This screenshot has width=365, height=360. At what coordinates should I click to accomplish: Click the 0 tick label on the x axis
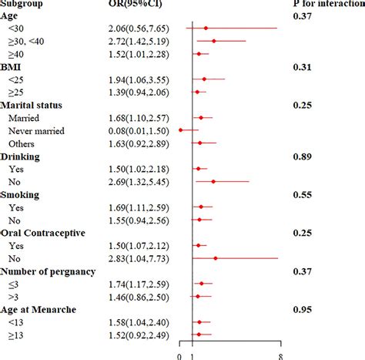[179, 355]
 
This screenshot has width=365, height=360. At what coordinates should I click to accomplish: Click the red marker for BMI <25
[204, 79]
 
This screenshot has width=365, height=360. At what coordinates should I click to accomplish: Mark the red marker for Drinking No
[213, 182]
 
